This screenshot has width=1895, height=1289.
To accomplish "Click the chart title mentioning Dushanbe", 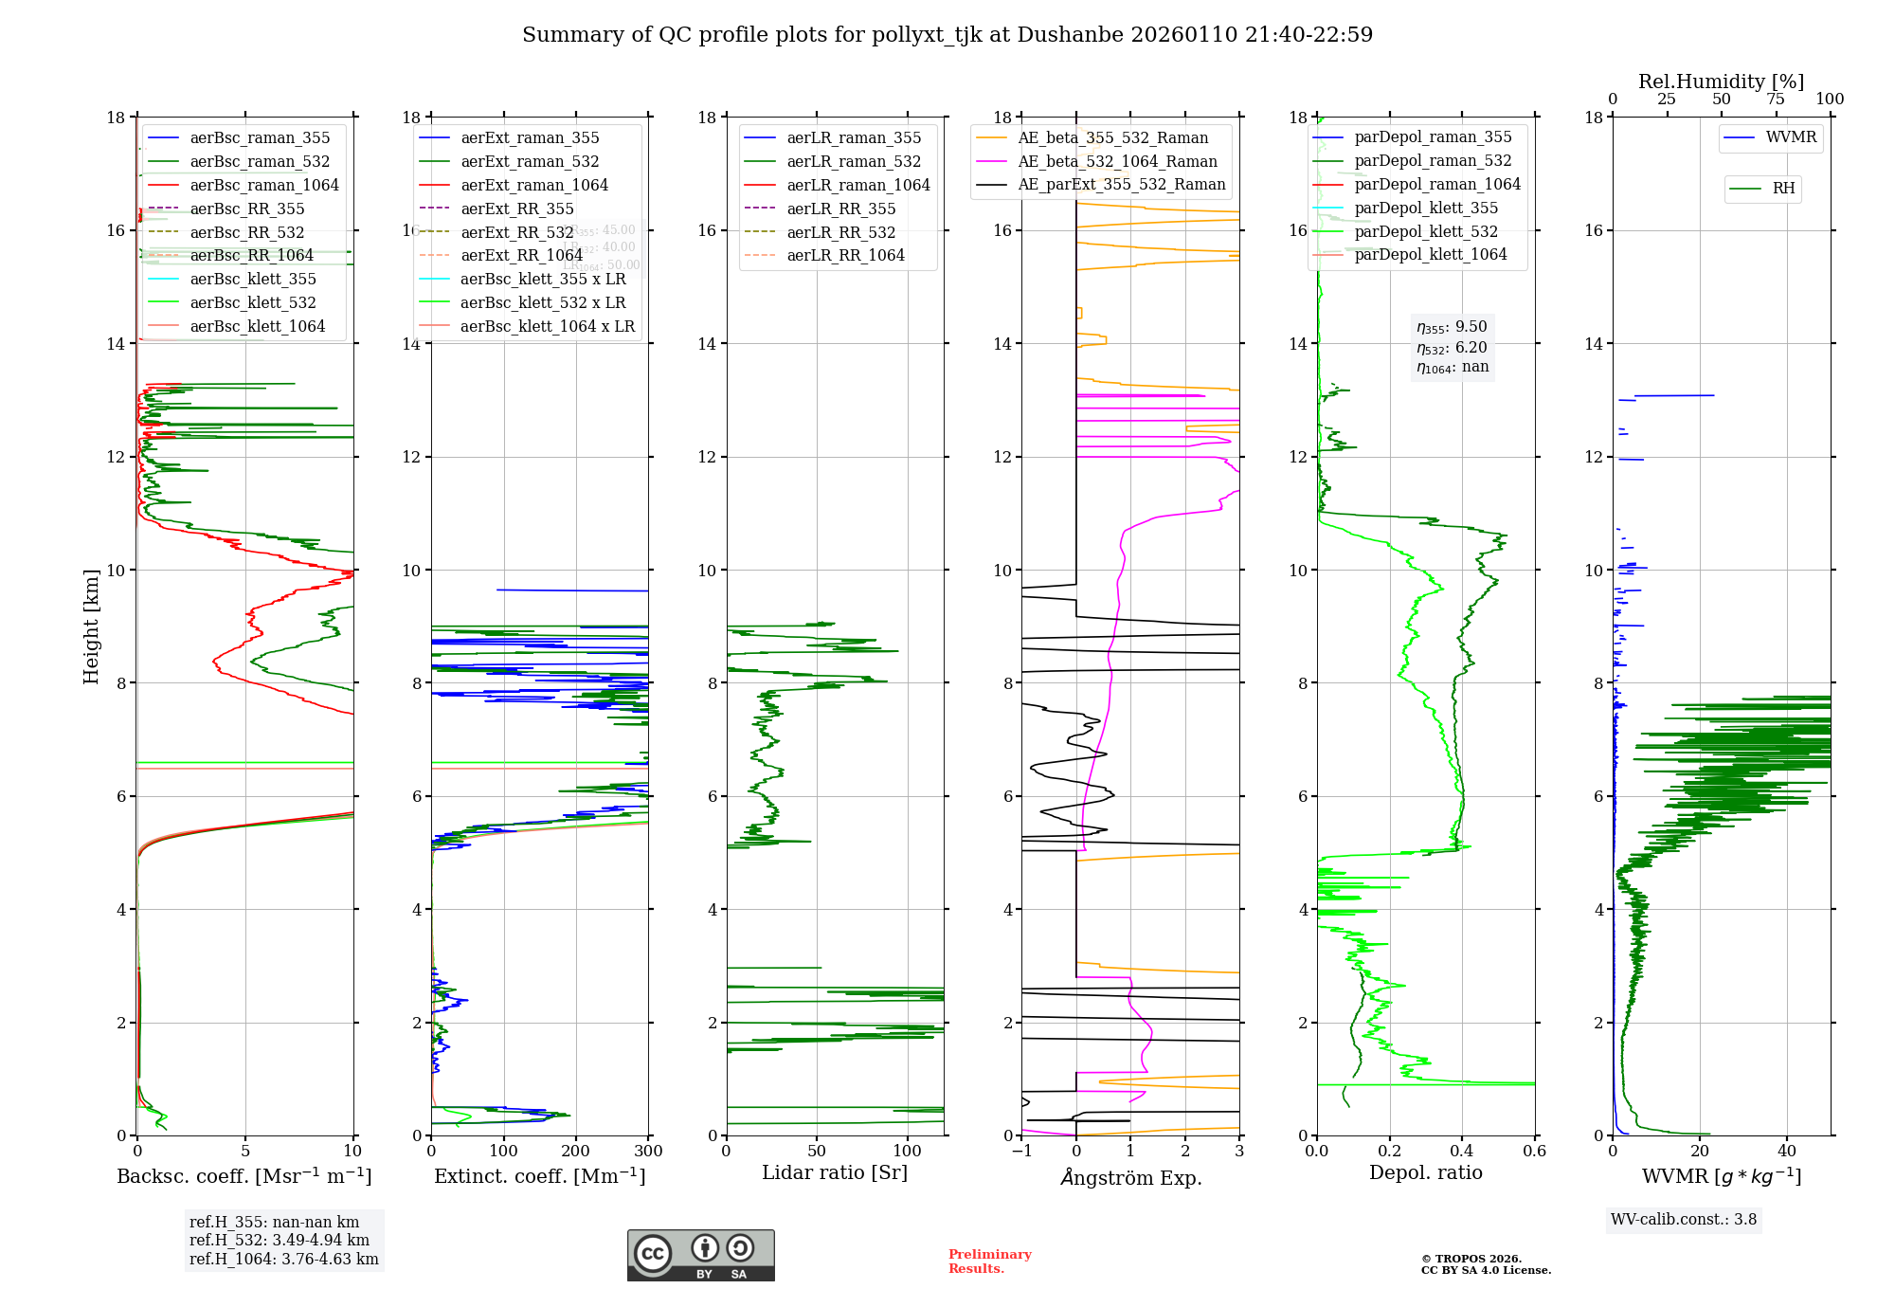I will (947, 35).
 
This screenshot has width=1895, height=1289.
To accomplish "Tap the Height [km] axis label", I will (91, 626).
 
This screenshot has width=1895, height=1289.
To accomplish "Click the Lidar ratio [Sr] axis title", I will (834, 1172).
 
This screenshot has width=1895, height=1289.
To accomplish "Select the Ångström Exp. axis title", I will (1130, 1177).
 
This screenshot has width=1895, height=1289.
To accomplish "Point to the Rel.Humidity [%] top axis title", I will (1721, 82).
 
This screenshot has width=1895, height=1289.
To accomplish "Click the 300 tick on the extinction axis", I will (649, 1152).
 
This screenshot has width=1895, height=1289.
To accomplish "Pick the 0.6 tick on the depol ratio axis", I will (1534, 1152).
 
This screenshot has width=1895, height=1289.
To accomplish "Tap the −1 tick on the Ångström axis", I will (1021, 1152).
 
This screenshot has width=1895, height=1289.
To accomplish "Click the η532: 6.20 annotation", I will (1452, 348).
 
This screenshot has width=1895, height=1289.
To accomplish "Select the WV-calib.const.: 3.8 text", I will (1683, 1220).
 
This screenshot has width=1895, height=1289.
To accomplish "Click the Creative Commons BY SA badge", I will (700, 1255).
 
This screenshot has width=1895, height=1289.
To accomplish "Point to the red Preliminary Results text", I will (989, 1262).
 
